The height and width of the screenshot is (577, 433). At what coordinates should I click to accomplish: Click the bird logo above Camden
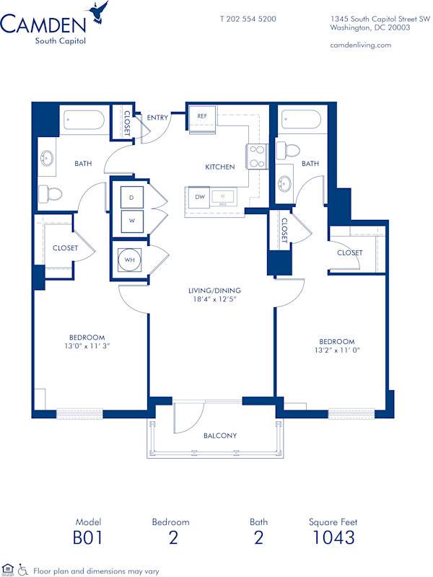(x=98, y=13)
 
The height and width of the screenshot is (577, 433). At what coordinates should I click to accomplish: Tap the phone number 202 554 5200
(x=248, y=19)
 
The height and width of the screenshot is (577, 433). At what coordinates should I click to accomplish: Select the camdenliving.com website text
(x=360, y=45)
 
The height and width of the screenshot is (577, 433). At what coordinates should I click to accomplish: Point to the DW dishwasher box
(x=198, y=196)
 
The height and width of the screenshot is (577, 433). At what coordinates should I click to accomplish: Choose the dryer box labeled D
(x=131, y=197)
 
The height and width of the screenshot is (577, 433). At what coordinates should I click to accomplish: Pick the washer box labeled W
(x=131, y=221)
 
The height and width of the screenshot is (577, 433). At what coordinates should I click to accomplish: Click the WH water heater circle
(x=131, y=258)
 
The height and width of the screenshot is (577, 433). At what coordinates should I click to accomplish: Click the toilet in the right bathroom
(x=290, y=151)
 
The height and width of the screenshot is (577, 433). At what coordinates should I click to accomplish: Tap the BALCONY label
(x=219, y=436)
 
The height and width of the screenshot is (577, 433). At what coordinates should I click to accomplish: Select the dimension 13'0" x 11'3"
(x=87, y=346)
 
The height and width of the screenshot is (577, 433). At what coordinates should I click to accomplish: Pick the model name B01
(x=88, y=537)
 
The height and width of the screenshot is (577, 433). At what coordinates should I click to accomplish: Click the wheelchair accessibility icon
(x=22, y=569)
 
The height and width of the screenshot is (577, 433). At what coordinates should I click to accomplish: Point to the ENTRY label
(x=157, y=117)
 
